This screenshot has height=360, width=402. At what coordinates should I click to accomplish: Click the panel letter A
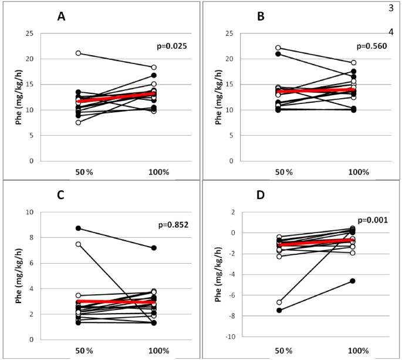(x=61, y=17)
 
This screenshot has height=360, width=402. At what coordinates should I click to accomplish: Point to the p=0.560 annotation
(x=372, y=45)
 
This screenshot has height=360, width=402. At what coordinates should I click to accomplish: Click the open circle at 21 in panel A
(x=78, y=53)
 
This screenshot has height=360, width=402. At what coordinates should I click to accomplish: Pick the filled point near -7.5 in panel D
(x=279, y=310)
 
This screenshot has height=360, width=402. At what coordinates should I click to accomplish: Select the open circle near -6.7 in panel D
(x=279, y=302)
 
